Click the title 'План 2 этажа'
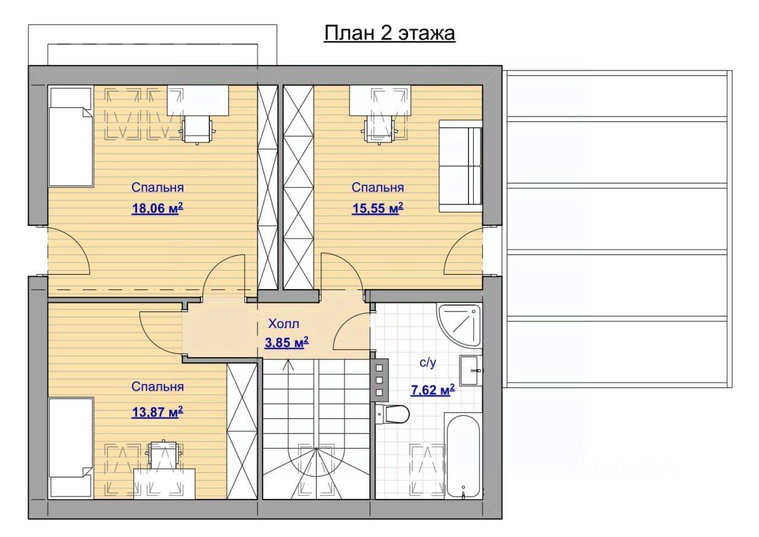(390, 34)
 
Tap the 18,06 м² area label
(158, 208)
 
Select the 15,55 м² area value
(378, 208)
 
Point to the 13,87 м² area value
(158, 412)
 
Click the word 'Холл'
(283, 324)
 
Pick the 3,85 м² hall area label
(286, 343)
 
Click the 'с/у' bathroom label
(428, 363)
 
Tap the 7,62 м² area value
(433, 390)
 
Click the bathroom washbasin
(471, 370)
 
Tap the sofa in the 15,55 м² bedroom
(461, 166)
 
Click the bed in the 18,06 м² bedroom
(71, 136)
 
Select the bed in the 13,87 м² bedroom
(71, 448)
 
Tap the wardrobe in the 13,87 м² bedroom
(242, 431)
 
